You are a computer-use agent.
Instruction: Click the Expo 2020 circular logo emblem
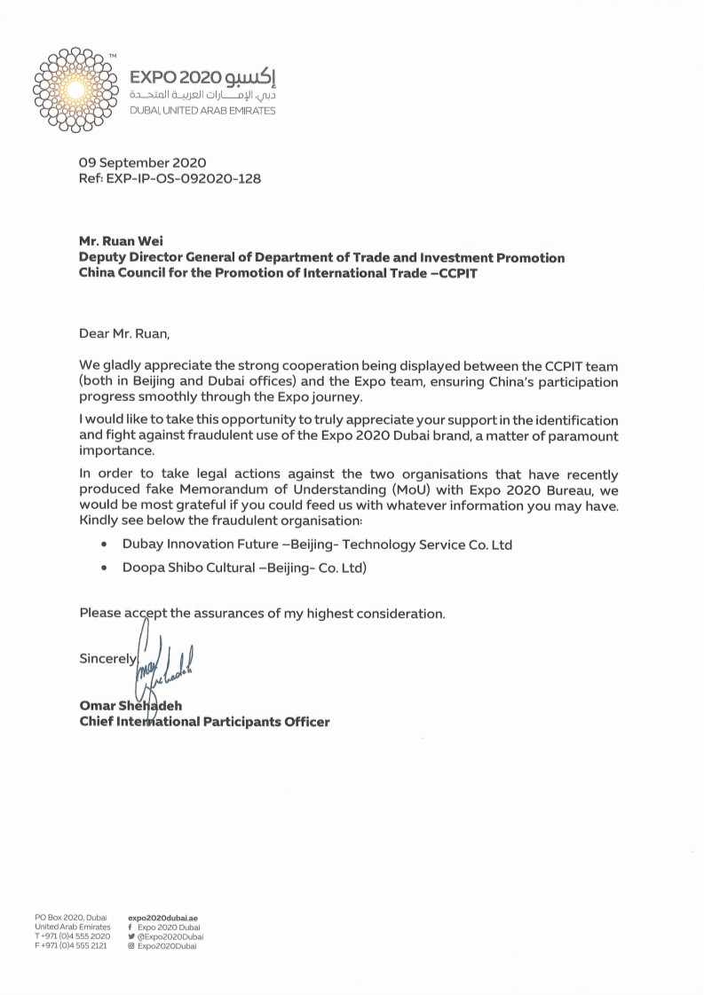click(x=75, y=89)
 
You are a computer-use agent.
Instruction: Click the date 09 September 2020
click(x=143, y=163)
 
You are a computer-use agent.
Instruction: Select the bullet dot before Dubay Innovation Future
click(x=106, y=545)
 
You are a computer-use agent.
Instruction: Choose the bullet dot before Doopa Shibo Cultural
click(x=106, y=568)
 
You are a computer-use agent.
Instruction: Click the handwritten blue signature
click(x=164, y=661)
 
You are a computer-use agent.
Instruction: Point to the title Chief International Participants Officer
click(x=204, y=722)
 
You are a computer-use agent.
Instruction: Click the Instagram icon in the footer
click(x=131, y=946)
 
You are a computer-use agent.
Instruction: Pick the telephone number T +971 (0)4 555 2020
click(x=72, y=936)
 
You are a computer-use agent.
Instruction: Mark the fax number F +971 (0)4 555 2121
click(x=71, y=946)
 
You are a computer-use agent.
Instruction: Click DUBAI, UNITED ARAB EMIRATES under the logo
click(x=202, y=111)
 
